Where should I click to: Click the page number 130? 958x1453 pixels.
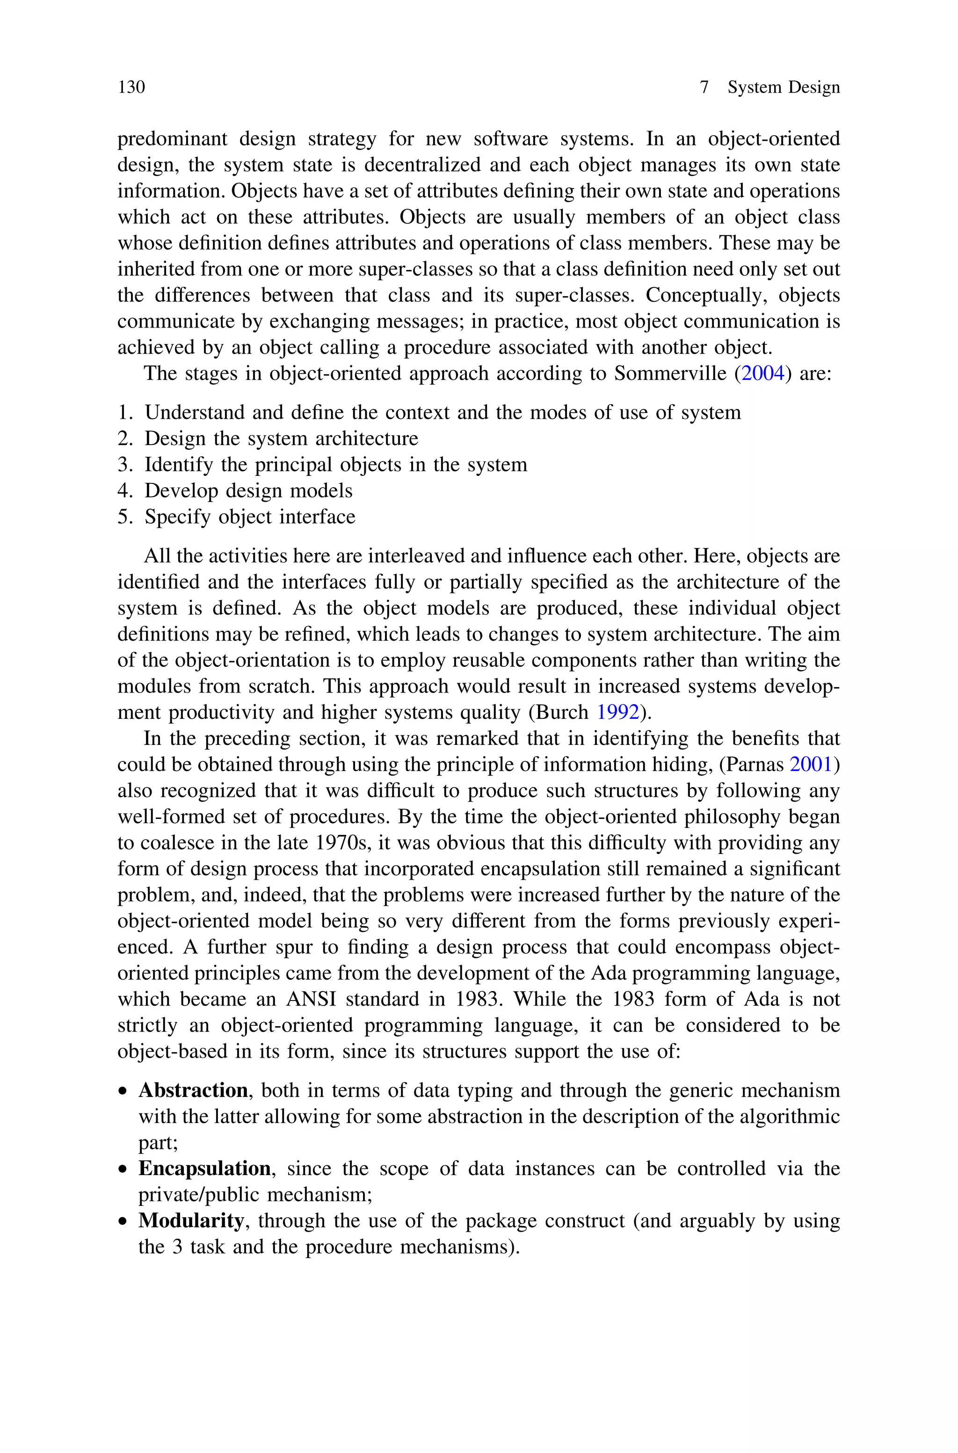(131, 88)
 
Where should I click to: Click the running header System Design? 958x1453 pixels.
(783, 88)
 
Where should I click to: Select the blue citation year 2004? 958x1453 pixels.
(762, 373)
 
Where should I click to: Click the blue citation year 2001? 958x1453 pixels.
(811, 764)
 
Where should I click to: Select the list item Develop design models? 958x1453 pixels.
(248, 490)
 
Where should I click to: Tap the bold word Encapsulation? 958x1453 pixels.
(205, 1169)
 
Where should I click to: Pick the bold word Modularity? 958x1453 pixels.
(191, 1221)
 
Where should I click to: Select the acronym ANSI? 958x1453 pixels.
(309, 1000)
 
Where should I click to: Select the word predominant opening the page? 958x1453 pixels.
(172, 139)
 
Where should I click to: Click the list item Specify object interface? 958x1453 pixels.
(249, 517)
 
